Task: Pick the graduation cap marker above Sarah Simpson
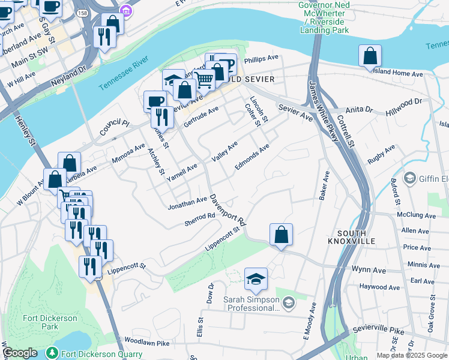(256, 278)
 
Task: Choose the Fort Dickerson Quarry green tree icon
(53, 353)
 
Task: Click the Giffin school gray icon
(409, 178)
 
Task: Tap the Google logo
(20, 353)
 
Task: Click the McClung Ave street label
(415, 215)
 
